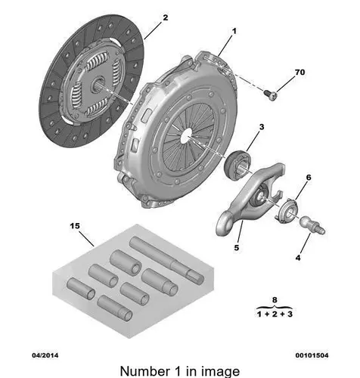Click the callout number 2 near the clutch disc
165,17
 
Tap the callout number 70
299,73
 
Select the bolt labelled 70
271,94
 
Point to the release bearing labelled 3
237,164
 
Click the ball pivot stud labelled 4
312,225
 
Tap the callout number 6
309,178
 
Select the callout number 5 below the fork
236,248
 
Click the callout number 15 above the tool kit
75,226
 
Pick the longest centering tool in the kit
166,260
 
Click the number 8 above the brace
275,300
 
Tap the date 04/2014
45,355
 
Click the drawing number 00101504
312,355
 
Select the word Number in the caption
145,371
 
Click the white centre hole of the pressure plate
187,135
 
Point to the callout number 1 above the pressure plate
234,31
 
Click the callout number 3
262,127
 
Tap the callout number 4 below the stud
298,258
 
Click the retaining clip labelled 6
287,210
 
